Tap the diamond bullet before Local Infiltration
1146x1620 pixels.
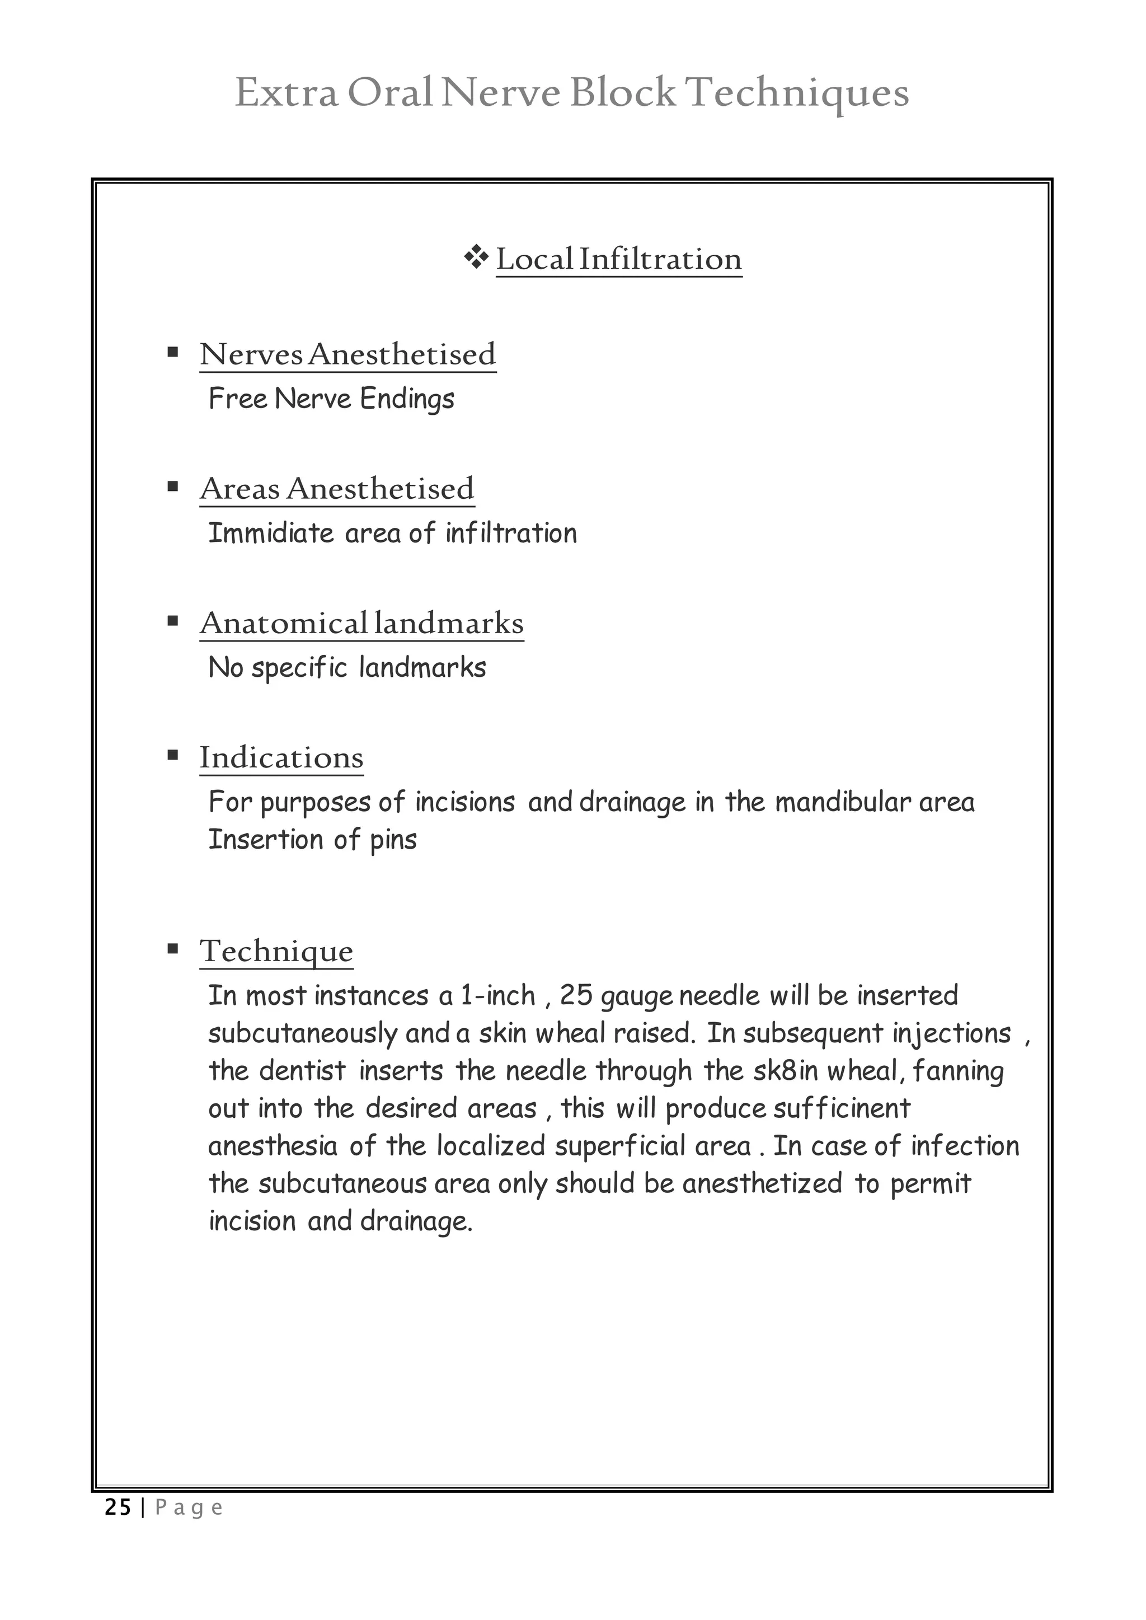pyautogui.click(x=476, y=257)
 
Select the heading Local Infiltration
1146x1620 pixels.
pyautogui.click(x=618, y=259)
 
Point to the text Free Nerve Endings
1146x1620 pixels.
pyautogui.click(x=331, y=399)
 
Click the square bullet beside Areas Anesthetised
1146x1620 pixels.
pyautogui.click(x=173, y=486)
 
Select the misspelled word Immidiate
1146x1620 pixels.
pyautogui.click(x=270, y=533)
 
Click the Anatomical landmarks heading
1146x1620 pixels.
pyautogui.click(x=361, y=622)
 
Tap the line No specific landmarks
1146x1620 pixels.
pyautogui.click(x=346, y=668)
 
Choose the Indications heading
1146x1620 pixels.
pyautogui.click(x=281, y=757)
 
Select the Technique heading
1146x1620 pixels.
pyautogui.click(x=276, y=951)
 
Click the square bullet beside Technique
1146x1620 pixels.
pyautogui.click(x=173, y=949)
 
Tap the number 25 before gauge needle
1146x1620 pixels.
pyautogui.click(x=576, y=996)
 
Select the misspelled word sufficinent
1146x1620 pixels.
pyautogui.click(x=841, y=1108)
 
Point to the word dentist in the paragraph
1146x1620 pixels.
pyautogui.click(x=302, y=1071)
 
